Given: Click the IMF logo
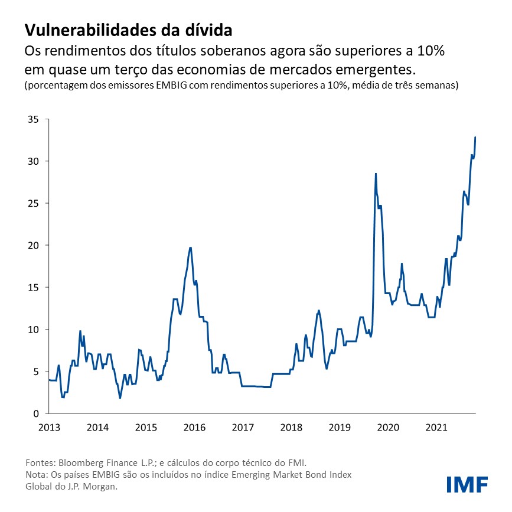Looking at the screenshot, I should tap(467, 484).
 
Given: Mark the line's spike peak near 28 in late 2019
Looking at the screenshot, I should tap(376, 174).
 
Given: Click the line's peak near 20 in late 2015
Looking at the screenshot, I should tap(190, 247).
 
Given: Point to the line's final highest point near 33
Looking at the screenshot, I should tap(475, 137).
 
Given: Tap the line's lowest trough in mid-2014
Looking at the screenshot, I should tap(120, 398).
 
